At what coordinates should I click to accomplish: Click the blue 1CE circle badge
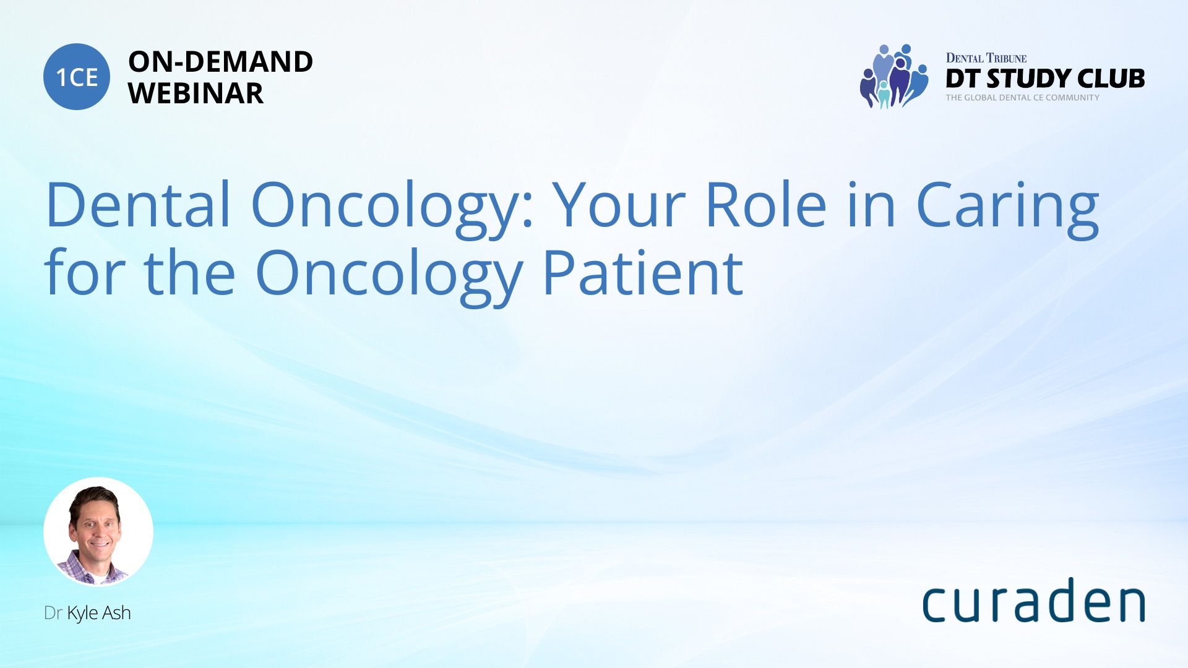[x=77, y=77]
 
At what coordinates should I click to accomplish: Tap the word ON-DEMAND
[x=221, y=62]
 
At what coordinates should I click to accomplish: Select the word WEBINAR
[x=196, y=93]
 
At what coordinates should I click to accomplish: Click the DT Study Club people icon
[x=894, y=76]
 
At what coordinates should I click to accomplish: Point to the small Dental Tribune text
[x=986, y=58]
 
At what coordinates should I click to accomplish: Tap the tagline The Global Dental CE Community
[x=1023, y=98]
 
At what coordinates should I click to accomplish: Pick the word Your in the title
[x=619, y=204]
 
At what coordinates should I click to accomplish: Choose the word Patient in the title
[x=643, y=272]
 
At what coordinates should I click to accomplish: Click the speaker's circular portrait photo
[x=98, y=532]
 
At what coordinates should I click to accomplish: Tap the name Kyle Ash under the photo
[x=99, y=613]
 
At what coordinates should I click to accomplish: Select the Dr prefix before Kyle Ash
[x=53, y=613]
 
